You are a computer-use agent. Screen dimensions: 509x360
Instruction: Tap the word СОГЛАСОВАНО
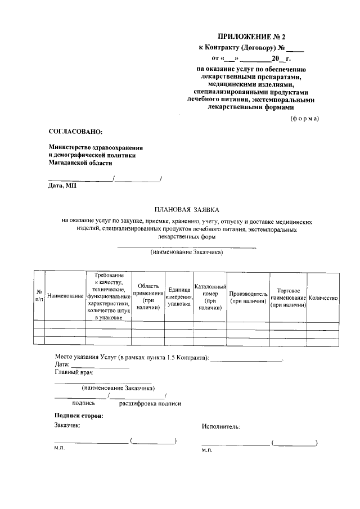[x=76, y=131]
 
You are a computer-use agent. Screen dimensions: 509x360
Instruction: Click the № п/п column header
[x=39, y=296]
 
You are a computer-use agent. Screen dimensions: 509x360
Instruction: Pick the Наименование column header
[x=65, y=296]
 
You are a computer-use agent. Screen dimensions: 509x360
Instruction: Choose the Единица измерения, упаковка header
[x=178, y=296]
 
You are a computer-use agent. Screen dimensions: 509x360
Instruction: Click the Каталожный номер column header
[x=210, y=296]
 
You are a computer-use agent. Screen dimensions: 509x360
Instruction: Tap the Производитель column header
[x=247, y=296]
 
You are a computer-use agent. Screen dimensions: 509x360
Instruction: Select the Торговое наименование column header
[x=287, y=296]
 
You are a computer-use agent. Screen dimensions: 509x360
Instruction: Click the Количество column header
[x=323, y=296]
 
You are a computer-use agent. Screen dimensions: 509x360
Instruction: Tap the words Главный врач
[x=74, y=372]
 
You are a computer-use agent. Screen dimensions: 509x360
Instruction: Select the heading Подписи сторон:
[x=79, y=416]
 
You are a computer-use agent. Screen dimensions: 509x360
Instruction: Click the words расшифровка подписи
[x=150, y=403]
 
